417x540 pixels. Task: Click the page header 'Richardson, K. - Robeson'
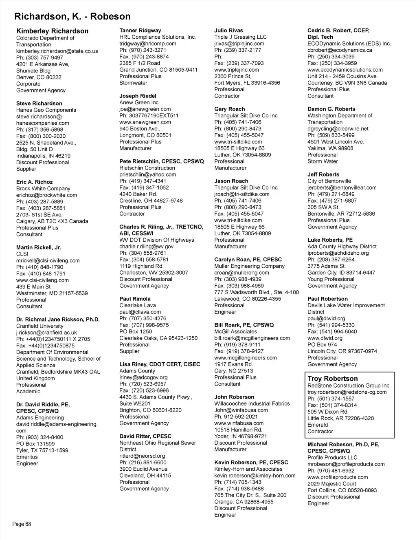tap(72, 17)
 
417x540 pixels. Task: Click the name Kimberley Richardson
tap(52, 31)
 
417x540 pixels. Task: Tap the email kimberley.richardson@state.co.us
tap(57, 51)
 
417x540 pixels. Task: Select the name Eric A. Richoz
tap(34, 182)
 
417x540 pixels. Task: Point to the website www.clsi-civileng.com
tap(42, 280)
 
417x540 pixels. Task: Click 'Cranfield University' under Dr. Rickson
tap(40, 326)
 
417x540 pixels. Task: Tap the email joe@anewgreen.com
tap(145, 109)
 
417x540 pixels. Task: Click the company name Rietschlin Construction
tap(147, 168)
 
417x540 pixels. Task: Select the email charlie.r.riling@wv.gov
tap(147, 247)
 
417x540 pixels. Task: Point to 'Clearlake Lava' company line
tap(137, 305)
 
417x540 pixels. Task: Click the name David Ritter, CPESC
tap(145, 436)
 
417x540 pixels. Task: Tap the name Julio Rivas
tap(228, 31)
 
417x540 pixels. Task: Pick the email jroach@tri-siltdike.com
tap(242, 194)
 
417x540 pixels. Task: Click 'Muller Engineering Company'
tap(250, 266)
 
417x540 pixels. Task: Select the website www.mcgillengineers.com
tap(246, 358)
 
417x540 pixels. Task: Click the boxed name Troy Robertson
tap(333, 379)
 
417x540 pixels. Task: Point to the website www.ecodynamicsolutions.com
tap(345, 70)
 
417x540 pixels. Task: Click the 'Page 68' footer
tap(22, 524)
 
